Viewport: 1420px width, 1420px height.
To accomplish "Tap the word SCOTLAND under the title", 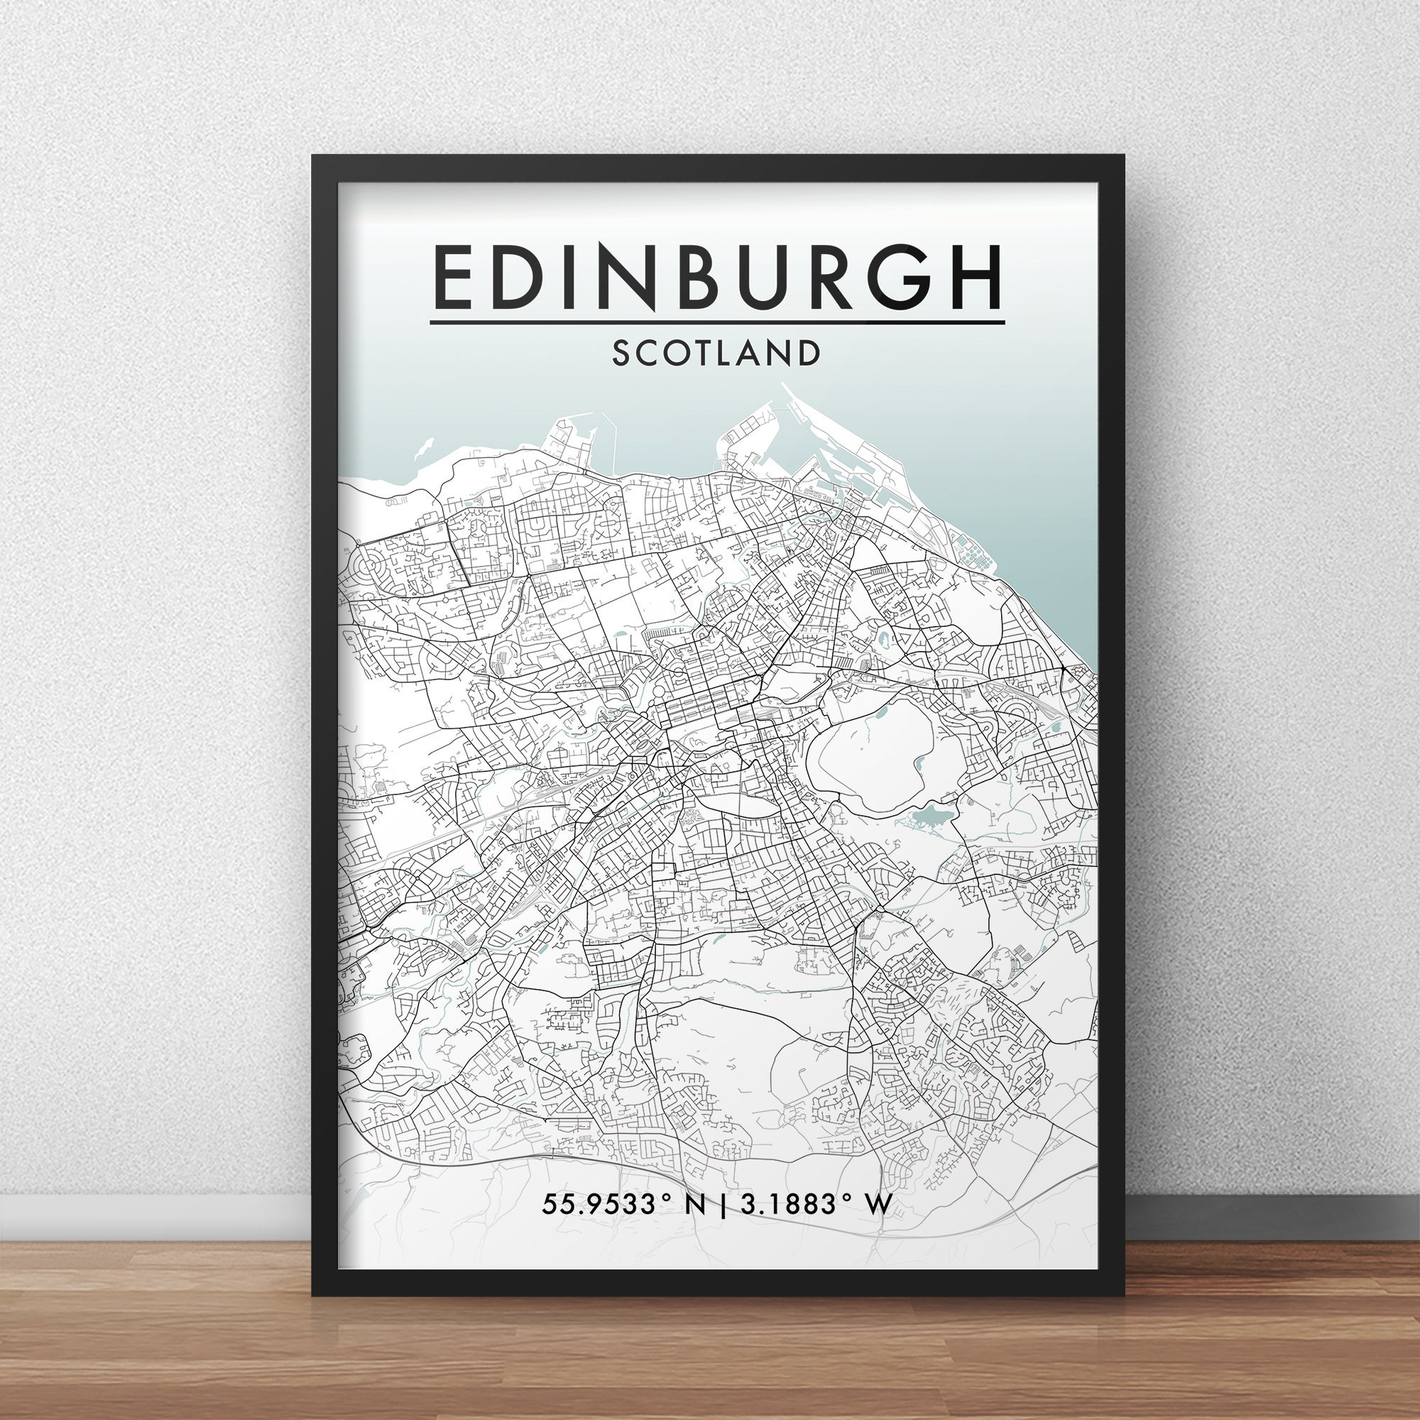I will pos(715,354).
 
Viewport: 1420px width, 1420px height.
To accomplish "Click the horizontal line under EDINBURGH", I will pos(716,322).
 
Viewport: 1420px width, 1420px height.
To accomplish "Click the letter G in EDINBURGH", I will pos(892,278).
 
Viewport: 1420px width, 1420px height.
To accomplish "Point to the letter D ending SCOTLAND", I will pos(809,354).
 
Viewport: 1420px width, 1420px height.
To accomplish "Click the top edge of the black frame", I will pos(716,165).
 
